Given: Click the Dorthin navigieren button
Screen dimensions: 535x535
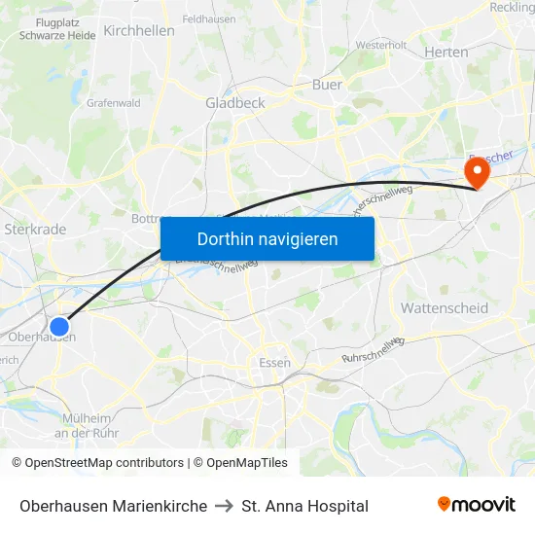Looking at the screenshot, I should point(267,238).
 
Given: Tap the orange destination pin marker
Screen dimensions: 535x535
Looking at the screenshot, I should point(477,173).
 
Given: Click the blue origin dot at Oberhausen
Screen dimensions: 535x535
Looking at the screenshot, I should point(59,328).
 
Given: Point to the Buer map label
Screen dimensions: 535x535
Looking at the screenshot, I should point(327,85).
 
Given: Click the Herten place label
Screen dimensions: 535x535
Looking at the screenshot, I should point(446,52).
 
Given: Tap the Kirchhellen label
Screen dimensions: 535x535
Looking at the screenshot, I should point(139,30).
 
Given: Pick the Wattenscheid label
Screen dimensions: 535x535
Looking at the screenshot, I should point(445,307).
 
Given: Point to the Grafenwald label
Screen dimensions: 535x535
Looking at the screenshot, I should point(114,102).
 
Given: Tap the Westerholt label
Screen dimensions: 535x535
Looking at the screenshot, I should point(381,45).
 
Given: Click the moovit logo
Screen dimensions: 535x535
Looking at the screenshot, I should point(476,504).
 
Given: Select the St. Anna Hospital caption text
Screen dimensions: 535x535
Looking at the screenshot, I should point(305,506).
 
